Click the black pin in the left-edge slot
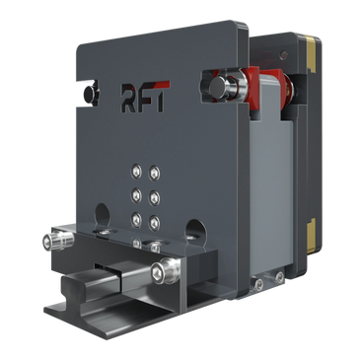coord(90,93)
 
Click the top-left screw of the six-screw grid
coord(136,171)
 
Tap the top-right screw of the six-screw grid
coord(154,173)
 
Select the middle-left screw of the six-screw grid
coord(136,195)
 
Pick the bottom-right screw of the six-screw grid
coord(154,223)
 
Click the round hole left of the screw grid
coord(103,215)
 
